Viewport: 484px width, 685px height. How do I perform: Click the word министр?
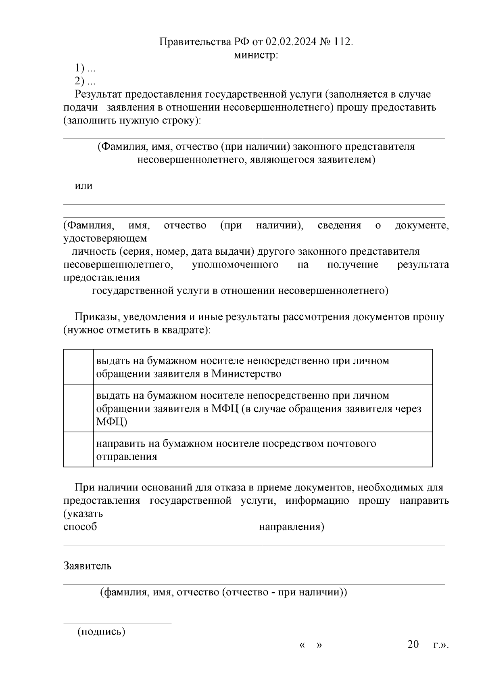(256, 55)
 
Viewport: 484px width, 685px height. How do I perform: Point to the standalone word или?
(83, 186)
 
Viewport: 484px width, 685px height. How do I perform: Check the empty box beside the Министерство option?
(78, 367)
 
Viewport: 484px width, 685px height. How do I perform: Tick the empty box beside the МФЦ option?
(78, 408)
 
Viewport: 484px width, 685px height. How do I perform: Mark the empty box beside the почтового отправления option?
(78, 450)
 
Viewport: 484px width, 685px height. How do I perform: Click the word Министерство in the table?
(246, 373)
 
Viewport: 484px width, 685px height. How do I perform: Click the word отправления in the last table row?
(126, 457)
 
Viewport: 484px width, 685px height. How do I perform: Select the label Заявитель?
(87, 566)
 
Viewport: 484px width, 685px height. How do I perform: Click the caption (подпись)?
(101, 632)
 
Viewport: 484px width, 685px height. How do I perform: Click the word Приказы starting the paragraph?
(95, 317)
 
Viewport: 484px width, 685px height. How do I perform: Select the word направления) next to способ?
(291, 527)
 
